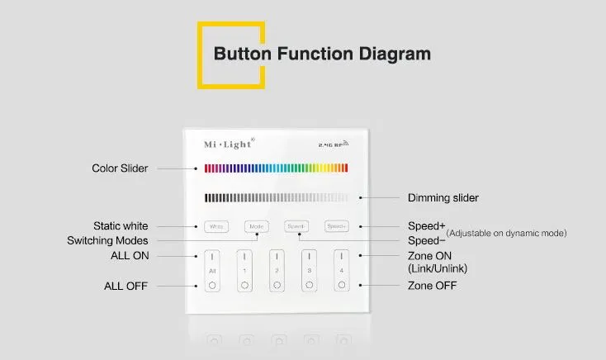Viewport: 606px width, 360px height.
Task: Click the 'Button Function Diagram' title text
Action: (x=322, y=54)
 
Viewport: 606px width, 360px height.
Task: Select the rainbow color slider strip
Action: (x=276, y=168)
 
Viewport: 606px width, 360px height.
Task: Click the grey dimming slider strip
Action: (x=276, y=197)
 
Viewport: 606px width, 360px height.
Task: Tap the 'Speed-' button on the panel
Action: (x=296, y=225)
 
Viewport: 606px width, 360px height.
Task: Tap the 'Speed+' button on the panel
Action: (x=336, y=225)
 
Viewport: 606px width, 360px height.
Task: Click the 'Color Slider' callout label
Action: (x=120, y=168)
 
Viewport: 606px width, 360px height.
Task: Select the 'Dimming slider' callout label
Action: (x=443, y=198)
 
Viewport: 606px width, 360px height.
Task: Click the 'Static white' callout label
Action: (x=121, y=225)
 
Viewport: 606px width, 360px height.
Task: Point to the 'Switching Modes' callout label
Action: (x=107, y=240)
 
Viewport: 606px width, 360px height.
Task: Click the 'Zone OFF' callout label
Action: (x=433, y=286)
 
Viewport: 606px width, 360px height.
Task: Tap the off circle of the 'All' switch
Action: (x=211, y=286)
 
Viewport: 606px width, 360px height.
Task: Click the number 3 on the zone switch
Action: (x=310, y=271)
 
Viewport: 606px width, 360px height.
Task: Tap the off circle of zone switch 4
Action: (x=341, y=286)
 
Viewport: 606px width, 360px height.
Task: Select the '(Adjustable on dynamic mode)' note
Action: (x=506, y=234)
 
